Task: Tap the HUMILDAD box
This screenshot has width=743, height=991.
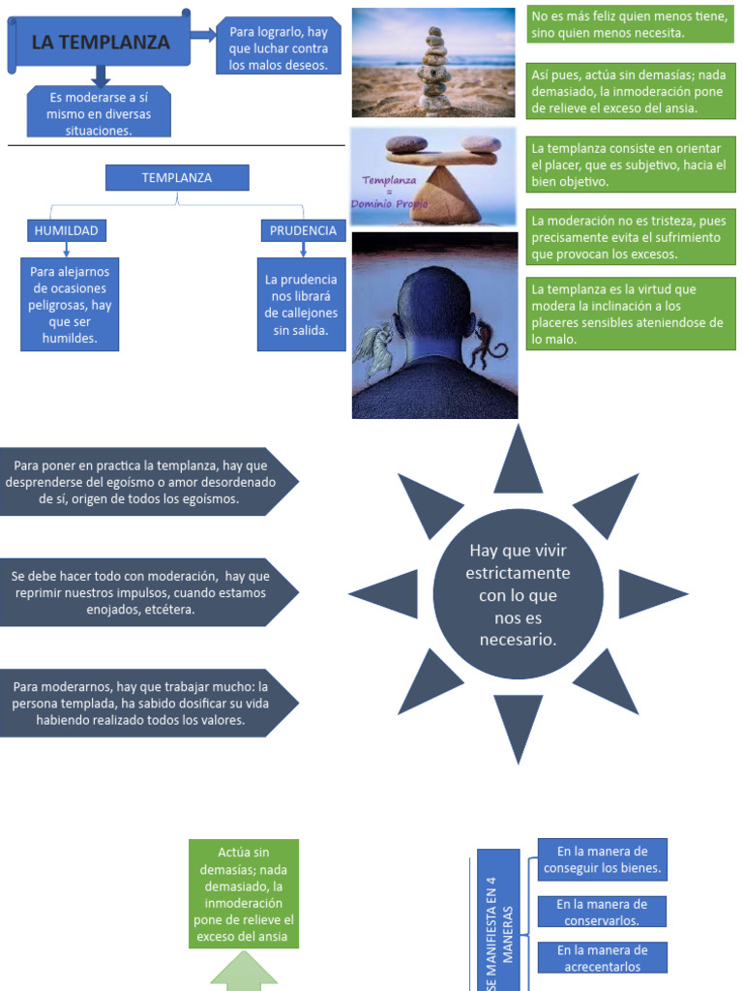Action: (x=66, y=230)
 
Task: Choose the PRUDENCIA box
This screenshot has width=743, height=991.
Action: (x=303, y=230)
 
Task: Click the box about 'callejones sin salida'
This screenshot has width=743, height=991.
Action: (x=302, y=305)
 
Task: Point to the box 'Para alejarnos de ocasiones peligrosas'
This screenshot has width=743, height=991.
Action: (x=69, y=305)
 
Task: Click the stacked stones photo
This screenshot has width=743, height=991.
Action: (x=433, y=63)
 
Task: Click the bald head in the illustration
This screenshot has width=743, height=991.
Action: (x=433, y=310)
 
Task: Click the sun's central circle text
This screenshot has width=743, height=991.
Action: (x=518, y=594)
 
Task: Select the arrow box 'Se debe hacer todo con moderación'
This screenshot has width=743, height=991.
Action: (x=145, y=592)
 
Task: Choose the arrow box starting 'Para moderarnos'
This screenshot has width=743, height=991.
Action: (x=145, y=704)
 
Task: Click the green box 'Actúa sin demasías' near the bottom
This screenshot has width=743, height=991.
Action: (x=243, y=893)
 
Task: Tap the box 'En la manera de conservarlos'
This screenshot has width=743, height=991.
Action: (x=602, y=912)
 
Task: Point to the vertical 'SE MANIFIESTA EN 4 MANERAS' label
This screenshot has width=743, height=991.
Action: (x=499, y=924)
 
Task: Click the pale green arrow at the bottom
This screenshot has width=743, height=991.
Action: (x=243, y=976)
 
